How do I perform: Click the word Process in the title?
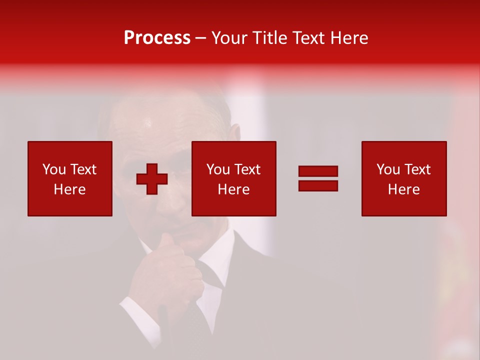157,38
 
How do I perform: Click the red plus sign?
152,179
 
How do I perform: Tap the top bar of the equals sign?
318,171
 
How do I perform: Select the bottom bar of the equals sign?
318,185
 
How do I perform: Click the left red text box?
70,178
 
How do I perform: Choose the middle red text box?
234,178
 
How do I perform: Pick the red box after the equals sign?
404,178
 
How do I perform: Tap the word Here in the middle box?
234,189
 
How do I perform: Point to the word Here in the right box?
404,189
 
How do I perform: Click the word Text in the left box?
83,169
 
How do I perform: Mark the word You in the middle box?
218,169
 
